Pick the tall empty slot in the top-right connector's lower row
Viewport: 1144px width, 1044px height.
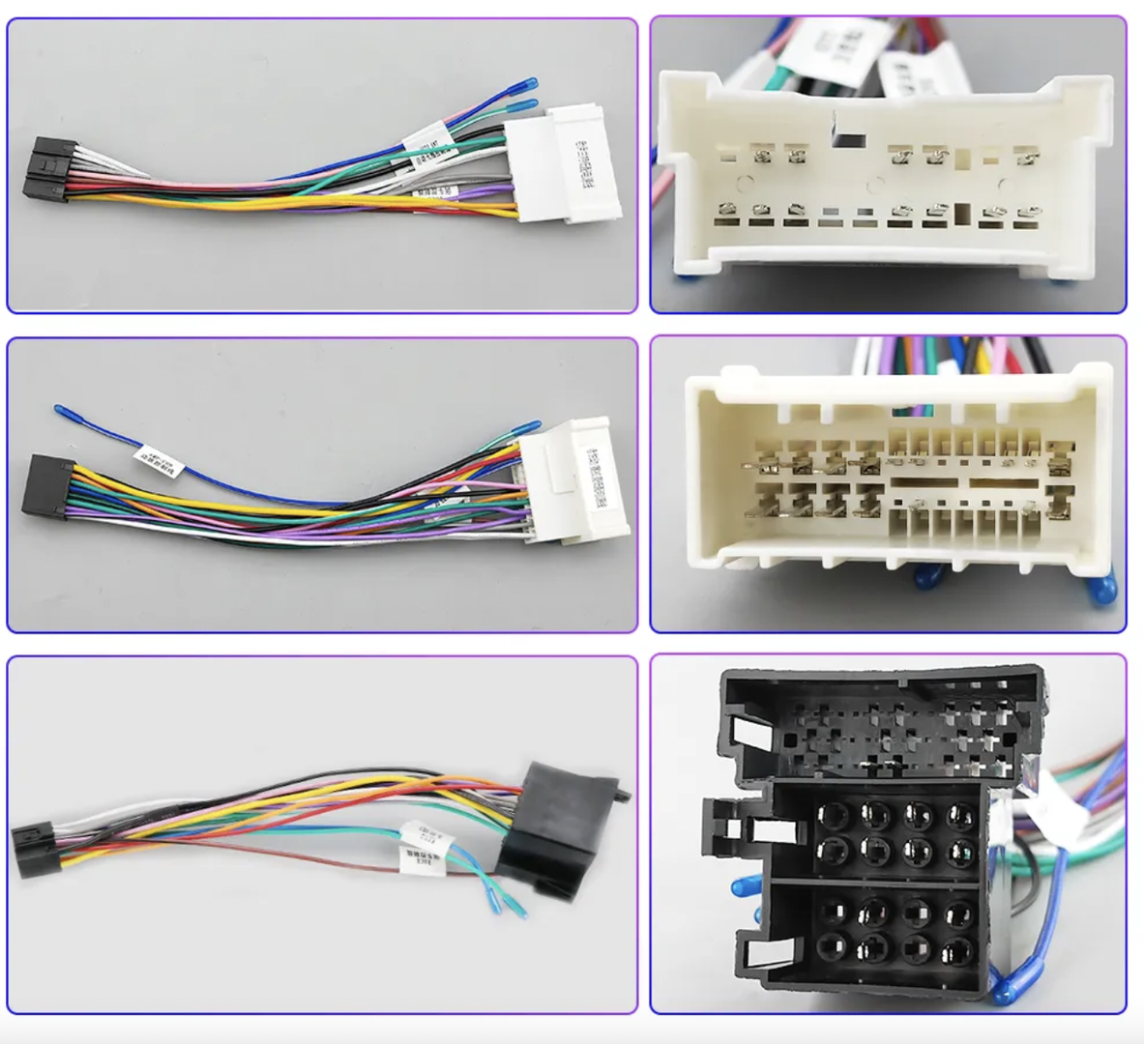tap(961, 216)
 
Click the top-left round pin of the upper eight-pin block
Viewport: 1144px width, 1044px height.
tap(829, 818)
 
